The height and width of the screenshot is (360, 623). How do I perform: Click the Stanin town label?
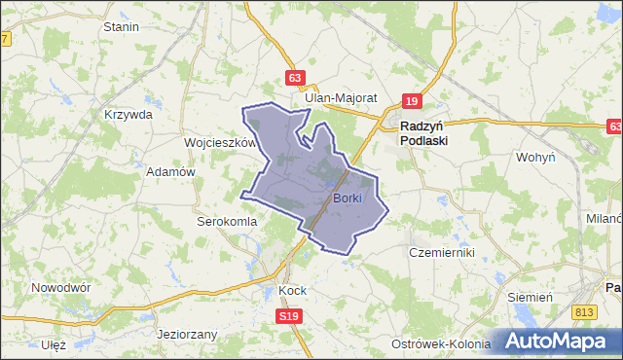121,26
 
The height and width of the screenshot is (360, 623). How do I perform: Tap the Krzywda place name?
128,114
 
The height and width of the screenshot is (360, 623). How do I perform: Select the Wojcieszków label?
219,142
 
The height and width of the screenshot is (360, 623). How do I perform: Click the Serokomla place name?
227,221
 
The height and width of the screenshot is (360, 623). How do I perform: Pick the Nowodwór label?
60,288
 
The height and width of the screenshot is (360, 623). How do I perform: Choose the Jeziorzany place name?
187,334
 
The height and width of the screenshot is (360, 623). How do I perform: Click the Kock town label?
292,290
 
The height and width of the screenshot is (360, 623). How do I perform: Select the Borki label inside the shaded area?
347,198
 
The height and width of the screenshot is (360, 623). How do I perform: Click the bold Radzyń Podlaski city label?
424,132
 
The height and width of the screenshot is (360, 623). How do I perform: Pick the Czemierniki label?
441,252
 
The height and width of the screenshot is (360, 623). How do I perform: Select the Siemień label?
531,296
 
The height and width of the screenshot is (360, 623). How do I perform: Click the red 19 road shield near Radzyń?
413,100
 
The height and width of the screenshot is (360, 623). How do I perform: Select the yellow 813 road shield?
584,311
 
